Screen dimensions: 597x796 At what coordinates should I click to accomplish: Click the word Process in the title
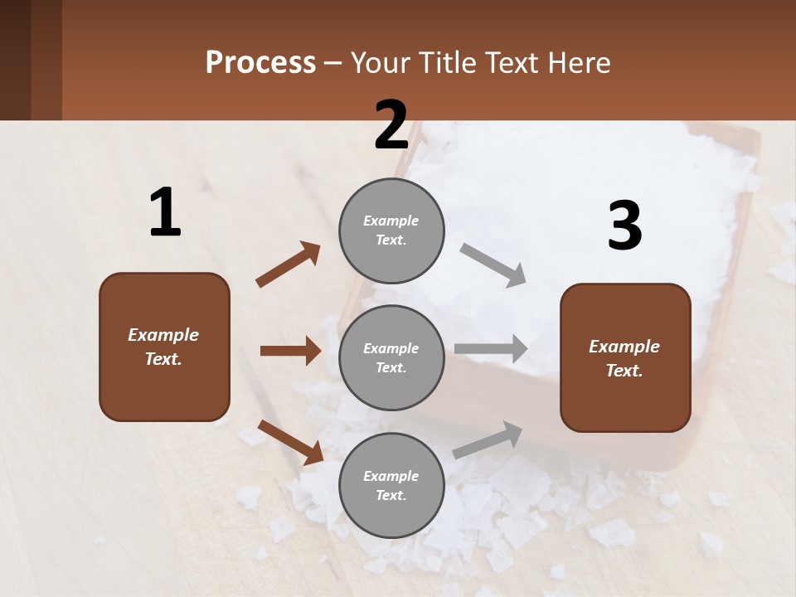click(260, 63)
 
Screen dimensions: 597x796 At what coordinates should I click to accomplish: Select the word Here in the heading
click(578, 63)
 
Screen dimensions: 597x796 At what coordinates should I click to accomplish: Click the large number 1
click(165, 212)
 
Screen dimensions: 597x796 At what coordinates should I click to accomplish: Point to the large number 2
click(391, 124)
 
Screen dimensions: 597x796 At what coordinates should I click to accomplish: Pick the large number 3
click(624, 226)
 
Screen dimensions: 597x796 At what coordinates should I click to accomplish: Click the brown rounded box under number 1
click(164, 347)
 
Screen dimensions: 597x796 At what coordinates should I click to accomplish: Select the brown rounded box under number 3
click(625, 358)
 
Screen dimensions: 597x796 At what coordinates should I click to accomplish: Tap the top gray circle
click(391, 231)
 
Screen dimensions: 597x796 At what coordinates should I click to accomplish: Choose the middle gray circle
click(391, 357)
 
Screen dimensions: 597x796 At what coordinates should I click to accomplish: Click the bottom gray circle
click(391, 485)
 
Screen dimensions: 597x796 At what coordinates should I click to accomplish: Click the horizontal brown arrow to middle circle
click(290, 351)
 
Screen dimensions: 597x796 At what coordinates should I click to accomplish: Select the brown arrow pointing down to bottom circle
click(290, 442)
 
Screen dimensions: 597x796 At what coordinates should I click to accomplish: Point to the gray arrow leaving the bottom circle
click(488, 439)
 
